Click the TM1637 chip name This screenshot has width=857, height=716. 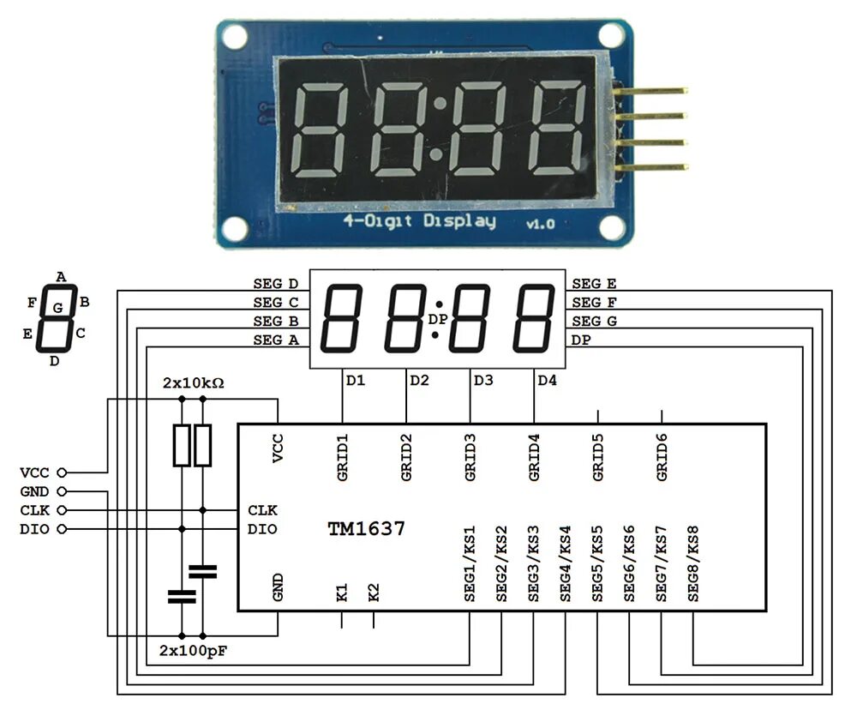366,529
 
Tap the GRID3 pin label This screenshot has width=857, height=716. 470,457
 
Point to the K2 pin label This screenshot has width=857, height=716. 374,593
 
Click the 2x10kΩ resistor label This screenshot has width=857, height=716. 194,382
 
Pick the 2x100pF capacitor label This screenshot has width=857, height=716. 194,651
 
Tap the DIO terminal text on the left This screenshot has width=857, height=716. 33,529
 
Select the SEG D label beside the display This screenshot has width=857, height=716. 275,284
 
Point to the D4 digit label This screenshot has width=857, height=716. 547,380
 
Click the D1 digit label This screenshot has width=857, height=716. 356,380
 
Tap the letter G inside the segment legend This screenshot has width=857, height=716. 57,307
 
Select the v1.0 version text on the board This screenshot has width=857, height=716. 540,224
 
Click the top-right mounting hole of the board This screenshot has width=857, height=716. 610,35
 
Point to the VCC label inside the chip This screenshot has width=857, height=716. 278,448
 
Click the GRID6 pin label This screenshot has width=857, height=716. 662,457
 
